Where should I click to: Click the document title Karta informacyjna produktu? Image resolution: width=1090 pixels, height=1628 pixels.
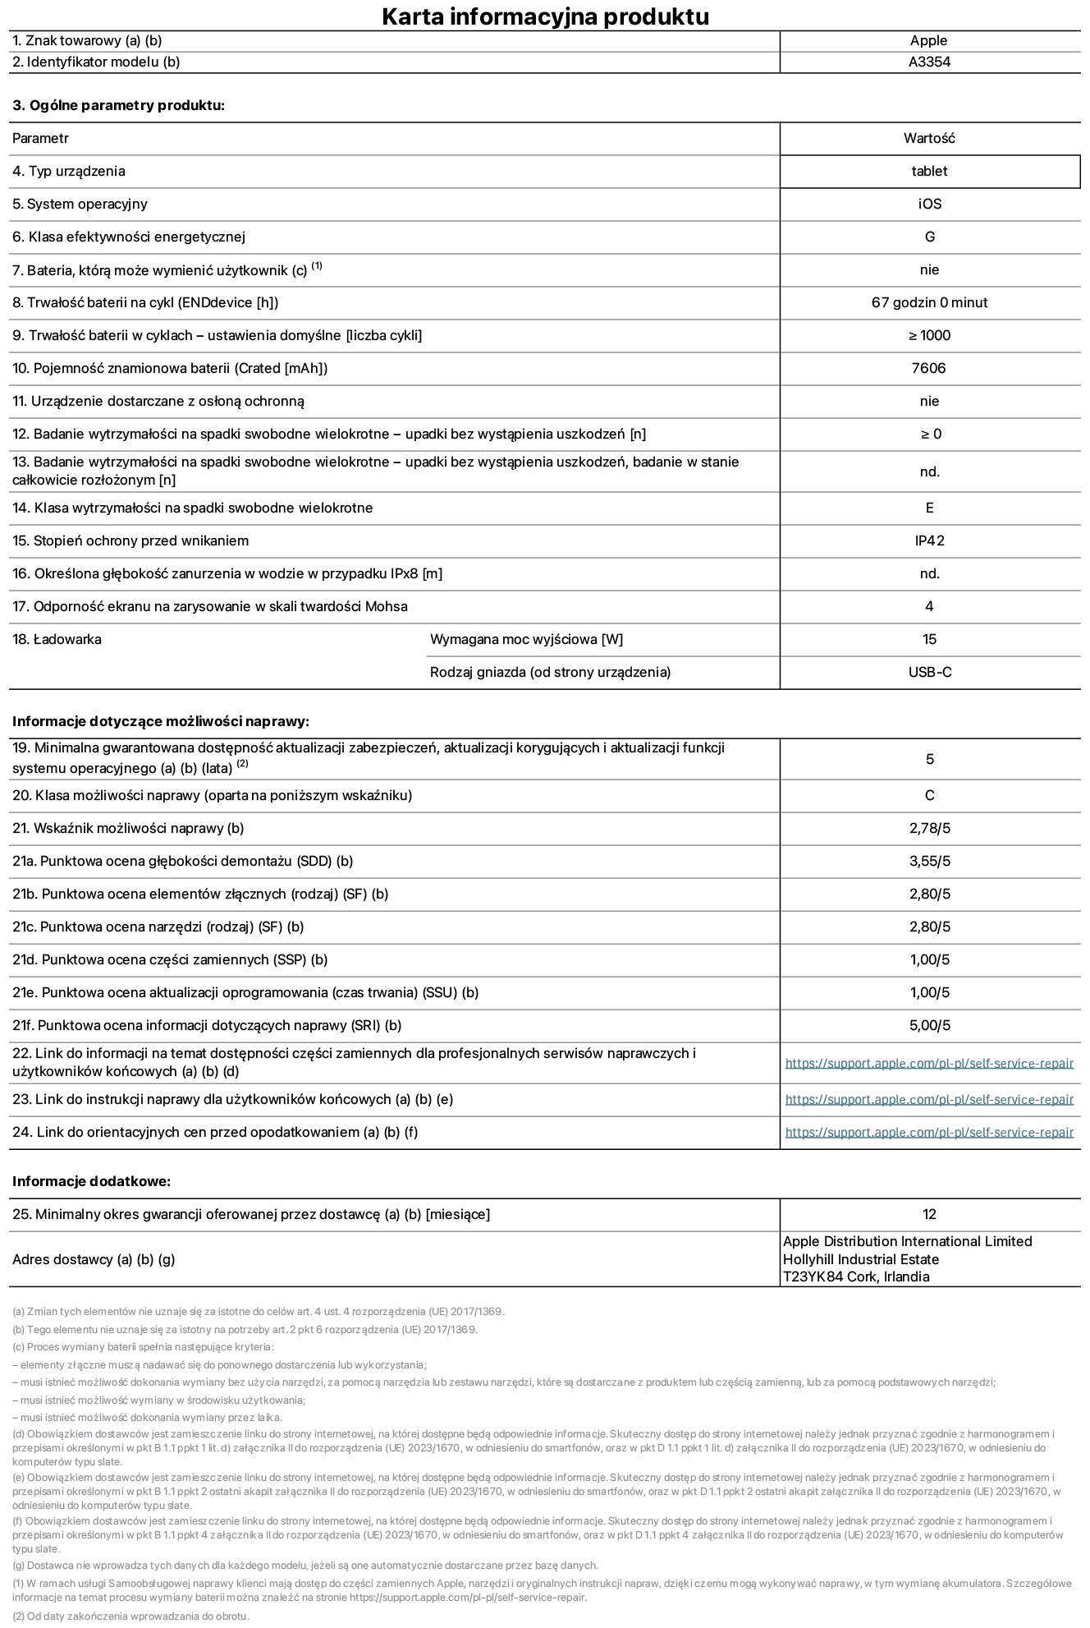545,16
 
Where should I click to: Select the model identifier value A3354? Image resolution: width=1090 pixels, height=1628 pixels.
929,62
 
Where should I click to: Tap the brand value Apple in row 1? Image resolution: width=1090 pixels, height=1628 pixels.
928,40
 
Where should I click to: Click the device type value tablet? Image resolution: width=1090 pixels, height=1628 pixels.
929,171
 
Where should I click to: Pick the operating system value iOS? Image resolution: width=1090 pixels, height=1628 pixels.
929,204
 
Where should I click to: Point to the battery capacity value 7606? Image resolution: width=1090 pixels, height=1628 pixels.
928,368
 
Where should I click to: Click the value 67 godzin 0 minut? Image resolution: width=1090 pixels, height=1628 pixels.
929,302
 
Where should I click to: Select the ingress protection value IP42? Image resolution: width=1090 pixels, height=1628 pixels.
929,540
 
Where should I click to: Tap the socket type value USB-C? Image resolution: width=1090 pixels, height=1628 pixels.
929,672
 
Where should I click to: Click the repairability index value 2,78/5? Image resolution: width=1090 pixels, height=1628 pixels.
929,828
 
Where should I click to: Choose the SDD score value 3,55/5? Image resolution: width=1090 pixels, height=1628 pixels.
929,861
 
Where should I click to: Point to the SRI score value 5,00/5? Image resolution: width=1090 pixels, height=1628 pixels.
929,1025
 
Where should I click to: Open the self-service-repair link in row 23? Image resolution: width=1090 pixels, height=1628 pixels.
929,1100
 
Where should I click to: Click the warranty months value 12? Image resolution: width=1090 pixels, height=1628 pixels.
929,1214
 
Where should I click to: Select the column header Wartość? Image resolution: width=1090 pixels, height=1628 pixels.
929,138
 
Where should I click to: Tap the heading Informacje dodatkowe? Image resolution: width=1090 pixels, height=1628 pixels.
91,1181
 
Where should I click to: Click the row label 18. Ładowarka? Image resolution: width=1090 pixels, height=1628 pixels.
57,639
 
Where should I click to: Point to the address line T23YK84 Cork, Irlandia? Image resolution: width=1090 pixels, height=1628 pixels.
856,1276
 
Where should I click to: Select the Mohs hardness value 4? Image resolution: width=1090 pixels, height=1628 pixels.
929,606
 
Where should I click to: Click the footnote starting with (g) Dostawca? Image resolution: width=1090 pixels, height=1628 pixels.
305,1565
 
